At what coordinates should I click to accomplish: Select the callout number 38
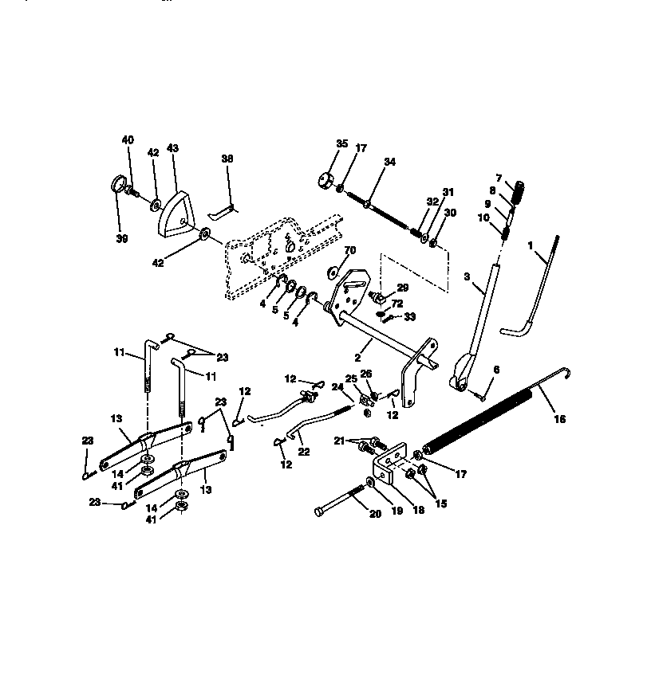[227, 159]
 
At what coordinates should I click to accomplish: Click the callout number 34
[389, 162]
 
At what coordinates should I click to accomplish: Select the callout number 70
[349, 251]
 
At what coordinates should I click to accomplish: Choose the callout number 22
[304, 451]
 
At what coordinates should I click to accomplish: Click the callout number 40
[128, 139]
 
